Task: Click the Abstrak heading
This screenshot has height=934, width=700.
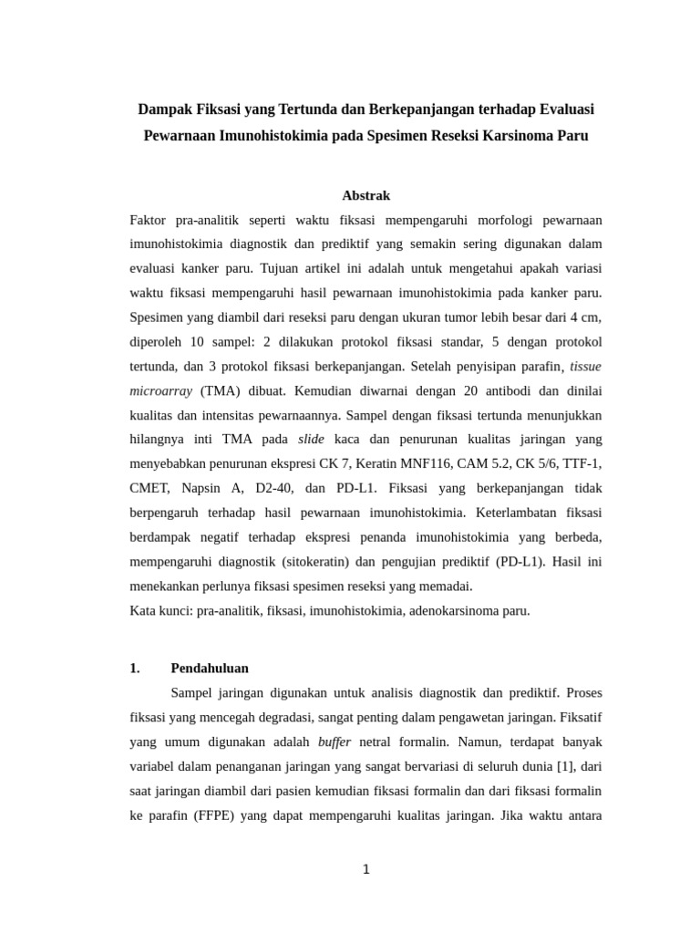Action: click(x=365, y=195)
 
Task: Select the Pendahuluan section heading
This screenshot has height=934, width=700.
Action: click(x=210, y=668)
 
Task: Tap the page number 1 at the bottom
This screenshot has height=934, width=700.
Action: click(x=365, y=869)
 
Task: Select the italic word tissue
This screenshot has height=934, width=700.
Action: click(x=585, y=367)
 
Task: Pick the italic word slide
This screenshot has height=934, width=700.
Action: click(x=312, y=439)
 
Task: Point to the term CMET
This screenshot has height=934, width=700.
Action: click(x=149, y=488)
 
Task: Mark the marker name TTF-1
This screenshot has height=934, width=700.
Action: click(x=582, y=463)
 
